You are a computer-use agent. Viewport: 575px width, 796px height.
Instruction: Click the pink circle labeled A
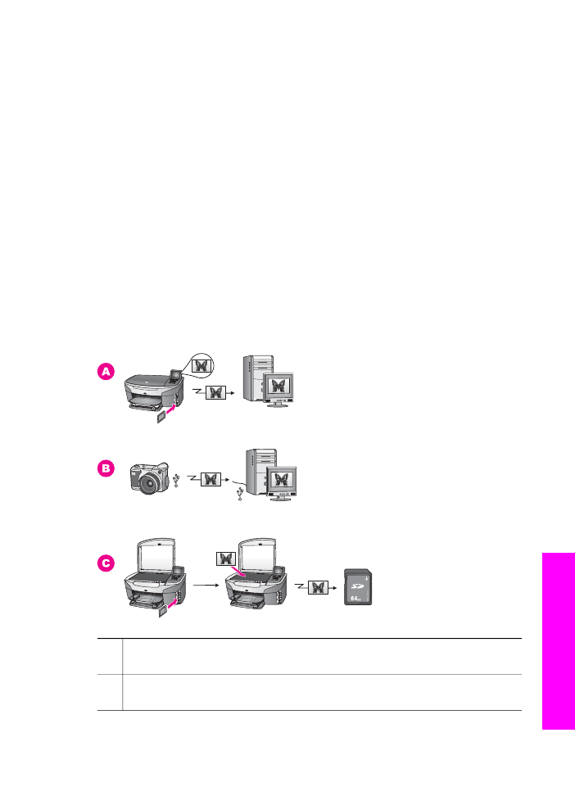point(106,372)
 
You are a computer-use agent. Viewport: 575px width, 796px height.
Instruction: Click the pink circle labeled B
point(106,468)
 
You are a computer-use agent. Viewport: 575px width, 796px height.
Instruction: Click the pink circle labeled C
point(106,563)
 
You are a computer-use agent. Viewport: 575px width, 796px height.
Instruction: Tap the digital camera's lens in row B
point(151,483)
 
